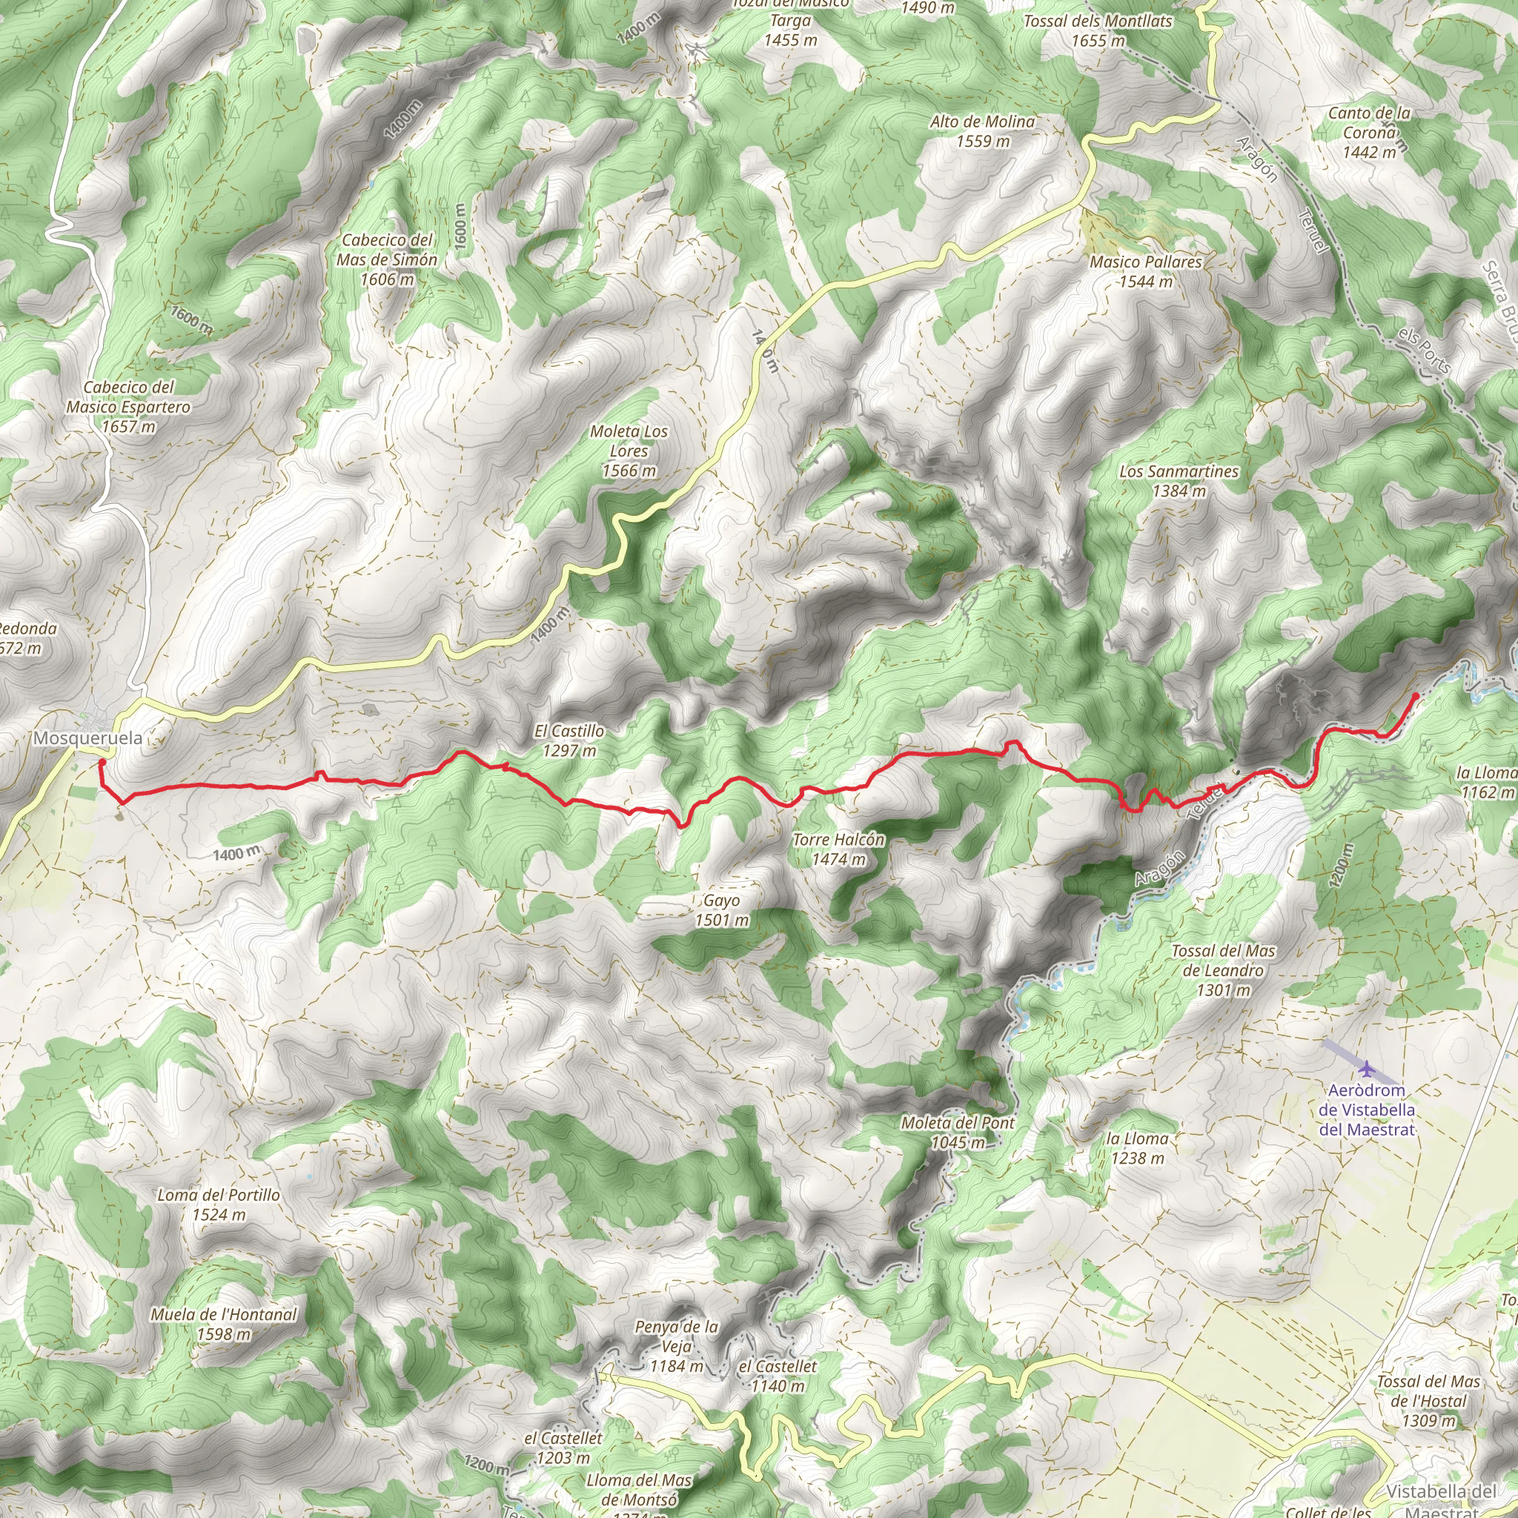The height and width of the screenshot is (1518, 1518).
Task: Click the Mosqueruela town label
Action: click(88, 738)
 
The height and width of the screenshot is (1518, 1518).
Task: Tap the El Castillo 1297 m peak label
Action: click(570, 740)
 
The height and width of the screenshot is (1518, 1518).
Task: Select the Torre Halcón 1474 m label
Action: click(838, 849)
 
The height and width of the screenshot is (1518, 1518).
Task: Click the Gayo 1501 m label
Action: click(721, 910)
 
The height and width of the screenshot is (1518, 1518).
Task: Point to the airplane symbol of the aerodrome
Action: click(1367, 1069)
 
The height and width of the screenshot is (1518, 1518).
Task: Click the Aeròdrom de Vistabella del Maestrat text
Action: click(1366, 1110)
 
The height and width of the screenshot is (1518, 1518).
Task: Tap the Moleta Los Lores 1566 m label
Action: click(629, 451)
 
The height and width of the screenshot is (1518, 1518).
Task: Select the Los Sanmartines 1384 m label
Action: click(1179, 481)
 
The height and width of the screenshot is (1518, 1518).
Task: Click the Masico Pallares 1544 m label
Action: click(1146, 271)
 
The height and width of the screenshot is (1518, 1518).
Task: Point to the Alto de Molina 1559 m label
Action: click(982, 131)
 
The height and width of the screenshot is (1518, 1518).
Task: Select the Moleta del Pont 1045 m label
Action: click(958, 1133)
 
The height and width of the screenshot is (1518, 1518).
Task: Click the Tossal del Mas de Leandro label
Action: click(1222, 970)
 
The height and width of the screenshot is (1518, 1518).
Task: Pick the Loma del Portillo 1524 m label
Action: click(219, 1204)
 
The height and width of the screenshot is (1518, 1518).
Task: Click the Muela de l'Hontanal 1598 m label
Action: click(224, 1324)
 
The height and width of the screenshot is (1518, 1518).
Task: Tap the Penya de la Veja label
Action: click(677, 1346)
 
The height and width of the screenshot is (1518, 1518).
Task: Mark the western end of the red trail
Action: click(102, 761)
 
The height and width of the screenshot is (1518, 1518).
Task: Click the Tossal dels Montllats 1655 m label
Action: click(1098, 30)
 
